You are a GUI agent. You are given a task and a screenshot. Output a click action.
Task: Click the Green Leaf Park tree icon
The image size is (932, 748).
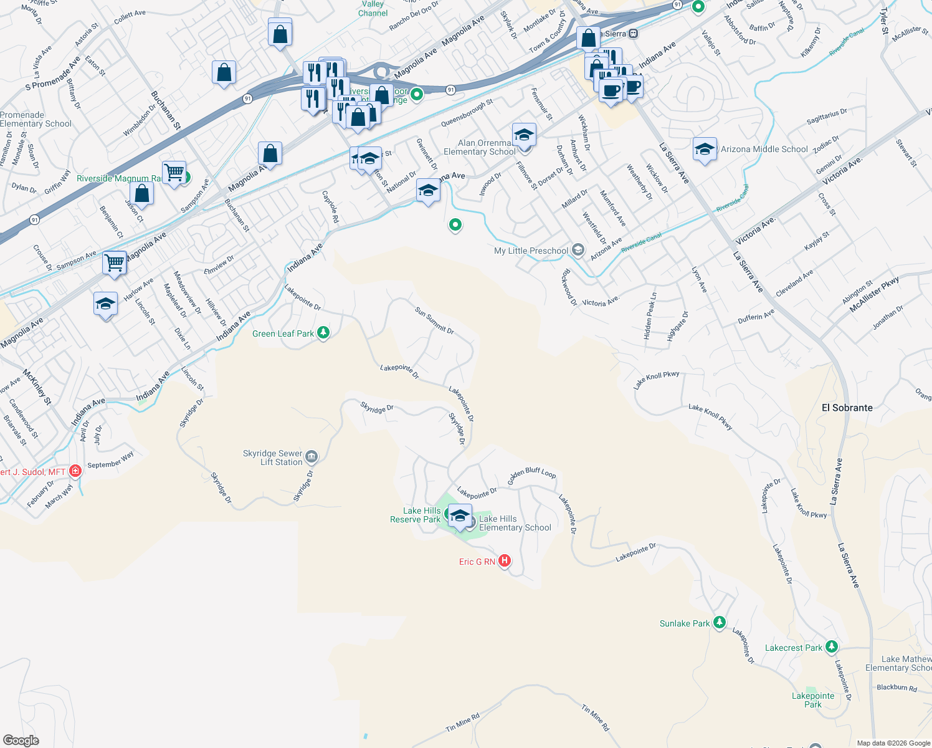tap(323, 333)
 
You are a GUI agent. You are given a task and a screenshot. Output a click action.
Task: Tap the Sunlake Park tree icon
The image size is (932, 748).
tap(720, 622)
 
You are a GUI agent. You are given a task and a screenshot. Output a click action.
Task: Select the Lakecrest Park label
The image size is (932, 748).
tap(793, 648)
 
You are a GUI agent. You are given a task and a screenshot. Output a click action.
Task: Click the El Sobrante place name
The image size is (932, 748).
tap(847, 408)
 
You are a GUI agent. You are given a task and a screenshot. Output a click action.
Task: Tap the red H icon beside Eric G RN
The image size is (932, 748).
tap(505, 561)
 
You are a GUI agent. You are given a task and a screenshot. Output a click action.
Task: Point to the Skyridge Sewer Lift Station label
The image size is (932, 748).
tap(273, 458)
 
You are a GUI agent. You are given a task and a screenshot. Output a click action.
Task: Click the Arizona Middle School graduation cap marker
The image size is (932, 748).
tap(705, 150)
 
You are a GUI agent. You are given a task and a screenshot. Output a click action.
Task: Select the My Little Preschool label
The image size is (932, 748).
tap(531, 251)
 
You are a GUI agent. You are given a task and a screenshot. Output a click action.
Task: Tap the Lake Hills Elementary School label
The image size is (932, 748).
tap(515, 523)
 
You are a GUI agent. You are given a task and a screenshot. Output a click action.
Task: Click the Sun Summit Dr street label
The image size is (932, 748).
tap(434, 320)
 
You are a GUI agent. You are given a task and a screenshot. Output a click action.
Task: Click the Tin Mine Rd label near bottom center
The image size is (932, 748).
tap(463, 723)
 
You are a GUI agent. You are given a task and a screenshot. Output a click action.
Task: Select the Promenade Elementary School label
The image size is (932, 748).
tap(36, 119)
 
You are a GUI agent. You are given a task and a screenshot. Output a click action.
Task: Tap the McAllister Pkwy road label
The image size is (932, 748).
tap(875, 294)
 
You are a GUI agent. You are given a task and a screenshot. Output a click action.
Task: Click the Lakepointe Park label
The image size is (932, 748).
tap(813, 700)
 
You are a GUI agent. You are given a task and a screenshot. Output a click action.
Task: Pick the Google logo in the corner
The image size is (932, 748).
tap(21, 741)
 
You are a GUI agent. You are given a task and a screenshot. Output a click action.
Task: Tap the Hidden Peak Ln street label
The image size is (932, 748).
tap(650, 316)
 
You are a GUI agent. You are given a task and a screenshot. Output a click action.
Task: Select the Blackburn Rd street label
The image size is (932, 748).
tap(896, 688)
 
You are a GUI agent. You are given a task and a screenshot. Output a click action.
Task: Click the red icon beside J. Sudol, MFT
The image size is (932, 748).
tap(75, 471)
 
